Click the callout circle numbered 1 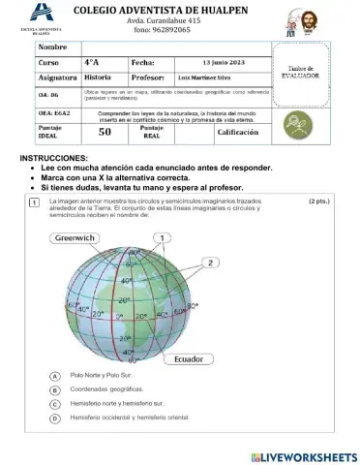point(163,237)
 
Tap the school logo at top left point(40,15)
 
